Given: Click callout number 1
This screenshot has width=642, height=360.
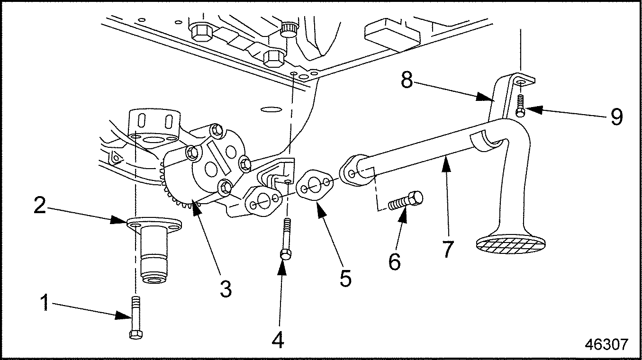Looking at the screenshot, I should pos(45,303).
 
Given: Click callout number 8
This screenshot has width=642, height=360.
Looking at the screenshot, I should pos(407,81).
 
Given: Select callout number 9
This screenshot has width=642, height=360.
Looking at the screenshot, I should pos(616,117).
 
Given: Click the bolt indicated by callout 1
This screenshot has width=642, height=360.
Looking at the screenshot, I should pos(134,317).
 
